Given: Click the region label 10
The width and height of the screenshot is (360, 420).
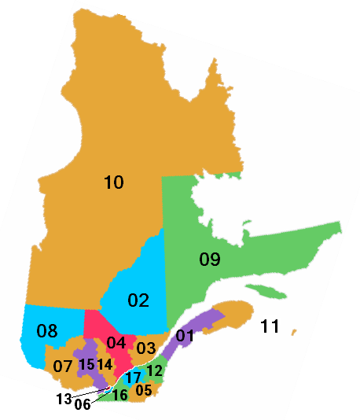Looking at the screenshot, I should [114, 183].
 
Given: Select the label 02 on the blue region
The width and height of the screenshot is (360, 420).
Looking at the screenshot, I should [138, 300].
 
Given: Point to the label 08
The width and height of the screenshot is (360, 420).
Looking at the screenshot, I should [47, 331].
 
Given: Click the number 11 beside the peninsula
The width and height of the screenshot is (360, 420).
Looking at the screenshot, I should [270, 327].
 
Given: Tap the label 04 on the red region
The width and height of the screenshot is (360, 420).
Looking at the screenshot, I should [116, 343].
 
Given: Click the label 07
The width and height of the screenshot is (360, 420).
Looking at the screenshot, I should [64, 367].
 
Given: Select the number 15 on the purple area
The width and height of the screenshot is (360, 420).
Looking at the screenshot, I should [87, 364].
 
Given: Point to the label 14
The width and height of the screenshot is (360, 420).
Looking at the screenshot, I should [105, 365].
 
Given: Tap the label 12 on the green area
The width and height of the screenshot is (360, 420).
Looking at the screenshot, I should [155, 370].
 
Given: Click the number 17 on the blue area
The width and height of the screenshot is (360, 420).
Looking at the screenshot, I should [134, 378].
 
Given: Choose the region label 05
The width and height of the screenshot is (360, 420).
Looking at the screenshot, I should [144, 390].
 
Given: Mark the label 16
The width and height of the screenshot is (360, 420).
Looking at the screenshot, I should [120, 396].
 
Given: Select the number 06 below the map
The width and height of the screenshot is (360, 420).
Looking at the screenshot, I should [83, 406].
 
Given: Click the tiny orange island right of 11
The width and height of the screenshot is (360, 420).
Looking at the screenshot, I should [294, 332].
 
